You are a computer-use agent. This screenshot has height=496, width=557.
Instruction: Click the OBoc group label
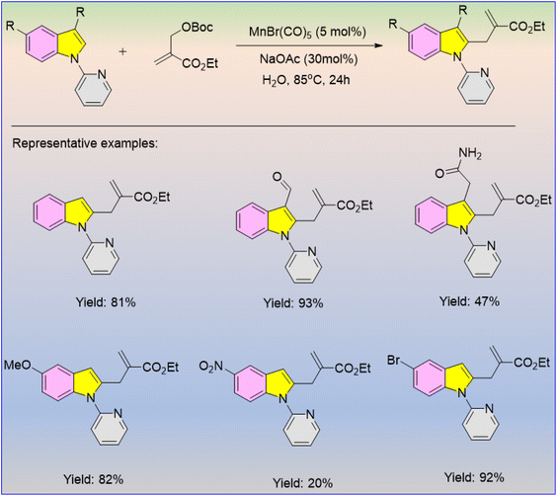click(198, 28)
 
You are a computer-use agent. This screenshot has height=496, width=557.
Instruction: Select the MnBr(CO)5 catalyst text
click(307, 33)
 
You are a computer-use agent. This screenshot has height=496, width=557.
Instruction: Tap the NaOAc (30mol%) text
click(308, 59)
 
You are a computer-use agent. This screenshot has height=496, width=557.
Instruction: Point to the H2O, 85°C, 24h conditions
click(306, 80)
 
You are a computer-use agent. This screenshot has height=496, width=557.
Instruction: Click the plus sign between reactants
click(122, 52)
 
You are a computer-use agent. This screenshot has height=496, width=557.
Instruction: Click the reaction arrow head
click(378, 45)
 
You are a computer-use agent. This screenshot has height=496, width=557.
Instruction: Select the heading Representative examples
click(85, 143)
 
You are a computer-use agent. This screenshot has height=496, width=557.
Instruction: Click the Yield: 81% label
click(106, 302)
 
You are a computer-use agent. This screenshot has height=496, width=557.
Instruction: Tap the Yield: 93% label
click(293, 303)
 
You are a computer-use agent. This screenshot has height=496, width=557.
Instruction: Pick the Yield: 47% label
click(469, 301)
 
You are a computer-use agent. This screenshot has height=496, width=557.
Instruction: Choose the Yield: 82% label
click(94, 479)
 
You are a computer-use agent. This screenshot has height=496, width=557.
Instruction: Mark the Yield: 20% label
click(302, 483)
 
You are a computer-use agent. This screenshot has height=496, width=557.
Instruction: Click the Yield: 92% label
click(474, 477)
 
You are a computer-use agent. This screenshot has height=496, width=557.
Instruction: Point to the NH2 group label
click(470, 154)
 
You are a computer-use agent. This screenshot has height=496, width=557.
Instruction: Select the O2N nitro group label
click(211, 366)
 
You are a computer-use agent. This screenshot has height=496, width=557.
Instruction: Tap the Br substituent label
click(394, 361)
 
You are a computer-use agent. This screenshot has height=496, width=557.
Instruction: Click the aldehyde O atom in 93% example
click(278, 177)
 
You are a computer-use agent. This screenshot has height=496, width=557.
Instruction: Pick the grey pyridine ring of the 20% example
click(302, 433)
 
